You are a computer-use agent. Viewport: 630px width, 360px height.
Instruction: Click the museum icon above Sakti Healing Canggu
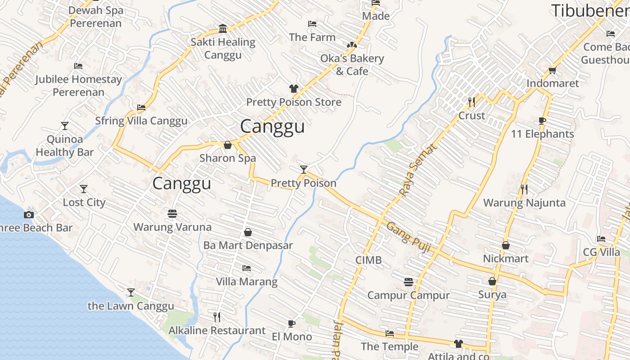pos(223,29)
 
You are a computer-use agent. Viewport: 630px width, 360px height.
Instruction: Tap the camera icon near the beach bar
pos(29,215)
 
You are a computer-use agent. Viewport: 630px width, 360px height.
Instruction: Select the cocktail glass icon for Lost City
pos(83,189)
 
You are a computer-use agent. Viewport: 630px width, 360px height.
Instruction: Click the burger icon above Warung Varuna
pos(172,213)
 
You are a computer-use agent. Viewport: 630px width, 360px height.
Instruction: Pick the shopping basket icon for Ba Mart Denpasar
pos(247,232)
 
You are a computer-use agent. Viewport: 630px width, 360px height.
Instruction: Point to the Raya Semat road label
pos(418,170)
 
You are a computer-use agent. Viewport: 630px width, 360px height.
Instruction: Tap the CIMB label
pos(368,260)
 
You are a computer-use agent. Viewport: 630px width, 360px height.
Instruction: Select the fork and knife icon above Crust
pos(471,102)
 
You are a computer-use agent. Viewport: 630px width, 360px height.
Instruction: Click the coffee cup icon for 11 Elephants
pos(542,121)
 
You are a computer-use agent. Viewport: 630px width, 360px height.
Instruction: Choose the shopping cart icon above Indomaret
pos(553,70)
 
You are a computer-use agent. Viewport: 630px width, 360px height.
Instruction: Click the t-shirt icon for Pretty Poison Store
pos(293,89)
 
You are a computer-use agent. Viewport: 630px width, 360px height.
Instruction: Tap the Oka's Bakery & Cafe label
pos(352,65)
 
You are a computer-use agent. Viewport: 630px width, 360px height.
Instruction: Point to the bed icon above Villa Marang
pos(246,268)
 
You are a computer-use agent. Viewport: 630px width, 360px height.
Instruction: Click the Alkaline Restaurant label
pos(217,331)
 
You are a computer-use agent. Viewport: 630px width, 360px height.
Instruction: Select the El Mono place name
pos(292,337)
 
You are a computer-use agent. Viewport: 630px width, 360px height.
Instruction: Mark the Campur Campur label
pos(408,295)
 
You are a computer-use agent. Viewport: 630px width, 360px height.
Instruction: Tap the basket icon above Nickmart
pos(506,245)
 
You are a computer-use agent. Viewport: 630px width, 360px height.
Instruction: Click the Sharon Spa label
pos(227,158)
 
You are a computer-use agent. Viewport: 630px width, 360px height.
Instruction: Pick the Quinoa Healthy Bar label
pos(65,146)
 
